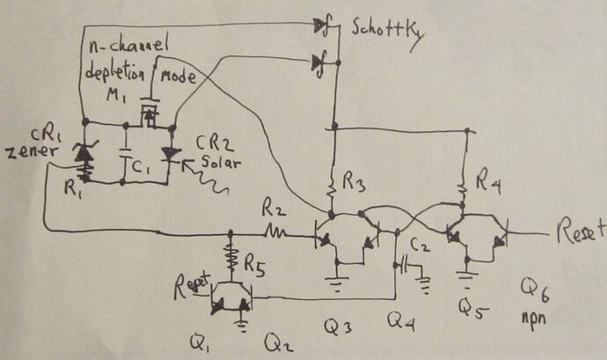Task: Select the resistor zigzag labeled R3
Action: coord(333,187)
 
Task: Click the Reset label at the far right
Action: coord(580,231)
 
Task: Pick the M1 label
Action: coord(129,95)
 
